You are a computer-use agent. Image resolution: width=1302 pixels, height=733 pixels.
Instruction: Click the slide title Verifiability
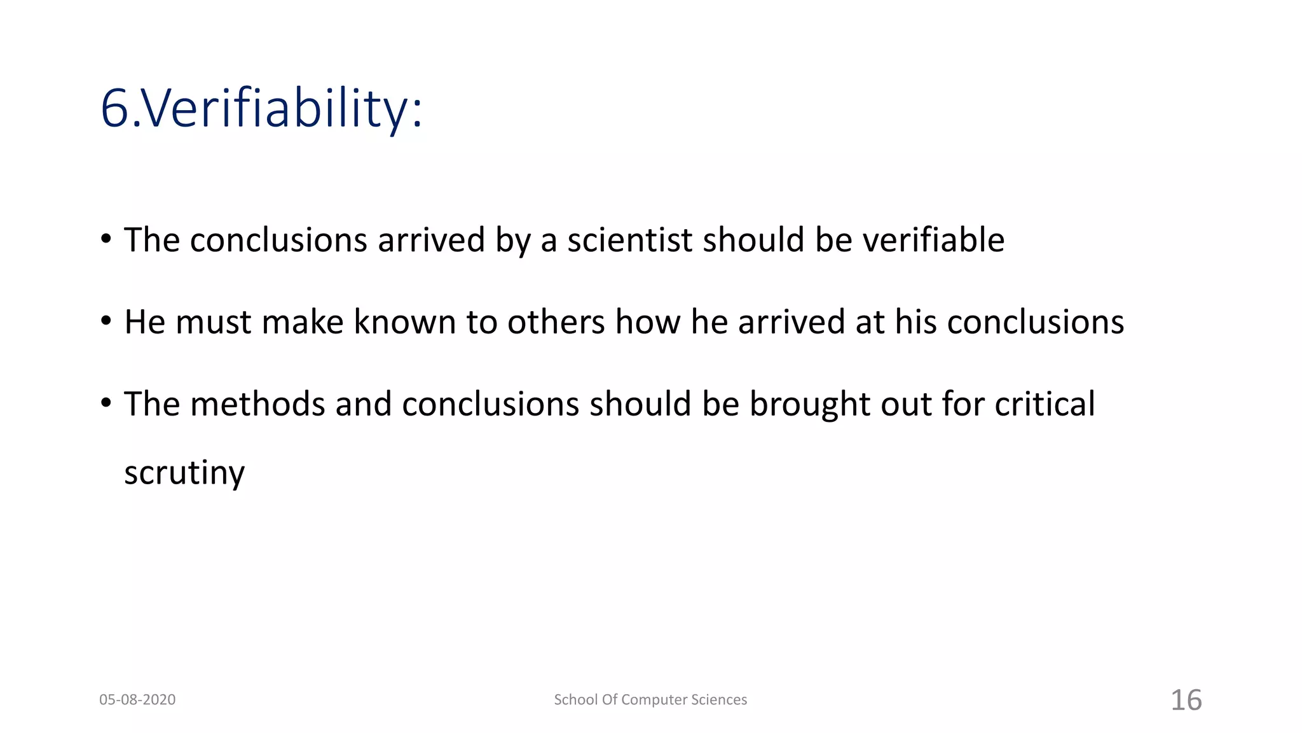pos(261,108)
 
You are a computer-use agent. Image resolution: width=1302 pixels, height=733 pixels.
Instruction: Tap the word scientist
pos(629,241)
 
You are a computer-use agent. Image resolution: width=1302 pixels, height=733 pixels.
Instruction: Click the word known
pos(404,322)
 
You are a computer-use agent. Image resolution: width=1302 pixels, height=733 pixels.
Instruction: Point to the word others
pos(556,322)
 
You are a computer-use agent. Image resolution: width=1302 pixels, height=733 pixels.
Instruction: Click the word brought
pos(809,405)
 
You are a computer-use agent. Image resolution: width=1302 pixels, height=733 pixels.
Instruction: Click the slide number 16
pos(1186,700)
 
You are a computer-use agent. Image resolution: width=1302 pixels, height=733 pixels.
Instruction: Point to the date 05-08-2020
pos(137,700)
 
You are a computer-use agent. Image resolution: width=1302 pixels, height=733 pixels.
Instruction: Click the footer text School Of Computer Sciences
pos(650,700)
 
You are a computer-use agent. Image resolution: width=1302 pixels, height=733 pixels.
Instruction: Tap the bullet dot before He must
pos(106,321)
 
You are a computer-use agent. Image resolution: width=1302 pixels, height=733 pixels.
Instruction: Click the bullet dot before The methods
pos(106,403)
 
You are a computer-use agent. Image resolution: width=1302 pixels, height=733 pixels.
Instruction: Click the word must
pos(213,322)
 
